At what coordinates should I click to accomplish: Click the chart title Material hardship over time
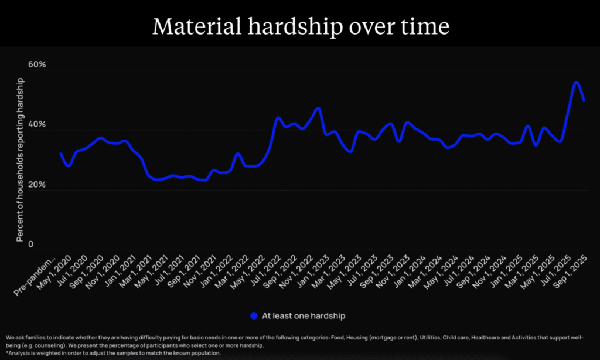pyautogui.click(x=299, y=26)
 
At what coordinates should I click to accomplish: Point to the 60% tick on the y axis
pyautogui.click(x=37, y=65)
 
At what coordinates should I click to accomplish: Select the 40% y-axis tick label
pyautogui.click(x=37, y=125)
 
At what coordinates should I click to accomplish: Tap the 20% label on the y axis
pyautogui.click(x=37, y=185)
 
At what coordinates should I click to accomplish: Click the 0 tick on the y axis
pyautogui.click(x=31, y=244)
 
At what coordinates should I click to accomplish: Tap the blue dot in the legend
pyautogui.click(x=254, y=315)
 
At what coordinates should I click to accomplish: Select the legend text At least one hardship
pyautogui.click(x=304, y=315)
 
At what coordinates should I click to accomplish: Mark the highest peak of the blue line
pyautogui.click(x=576, y=82)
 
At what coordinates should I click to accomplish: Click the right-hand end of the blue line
pyautogui.click(x=584, y=100)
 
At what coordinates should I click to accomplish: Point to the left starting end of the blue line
pyautogui.click(x=61, y=154)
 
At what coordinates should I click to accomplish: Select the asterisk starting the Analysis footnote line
pyautogui.click(x=7, y=354)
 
